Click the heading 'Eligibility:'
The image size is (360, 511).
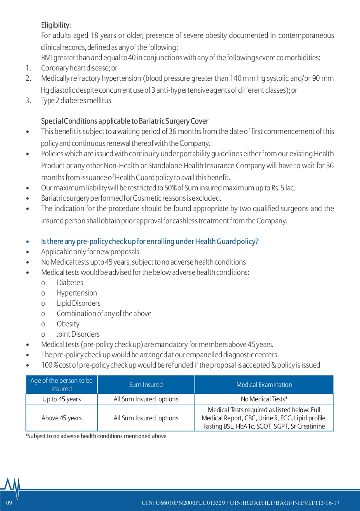click(x=56, y=25)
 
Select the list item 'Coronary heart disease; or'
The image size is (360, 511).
click(x=79, y=68)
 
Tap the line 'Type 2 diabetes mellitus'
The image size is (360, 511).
click(x=76, y=100)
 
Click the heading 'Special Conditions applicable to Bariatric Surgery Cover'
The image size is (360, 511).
click(x=124, y=121)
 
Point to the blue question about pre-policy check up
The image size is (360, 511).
click(x=150, y=241)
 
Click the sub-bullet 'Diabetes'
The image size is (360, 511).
click(x=70, y=283)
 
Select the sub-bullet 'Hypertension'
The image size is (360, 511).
click(x=77, y=293)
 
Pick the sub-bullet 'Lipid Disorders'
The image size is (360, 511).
click(x=78, y=303)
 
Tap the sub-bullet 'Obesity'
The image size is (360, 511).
click(x=68, y=324)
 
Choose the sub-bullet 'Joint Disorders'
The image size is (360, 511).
click(x=78, y=334)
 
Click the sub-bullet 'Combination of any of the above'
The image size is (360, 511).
click(x=104, y=314)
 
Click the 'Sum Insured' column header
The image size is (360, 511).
click(x=146, y=384)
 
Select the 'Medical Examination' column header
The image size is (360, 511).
click(x=264, y=384)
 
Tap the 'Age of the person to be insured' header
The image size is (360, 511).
click(x=61, y=384)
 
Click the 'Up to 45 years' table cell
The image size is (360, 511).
click(x=61, y=399)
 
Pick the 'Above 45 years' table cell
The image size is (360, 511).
click(x=61, y=418)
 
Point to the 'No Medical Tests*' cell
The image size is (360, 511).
click(x=264, y=399)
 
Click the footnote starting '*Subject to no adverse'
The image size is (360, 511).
click(x=96, y=436)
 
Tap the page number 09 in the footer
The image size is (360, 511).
click(x=9, y=503)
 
